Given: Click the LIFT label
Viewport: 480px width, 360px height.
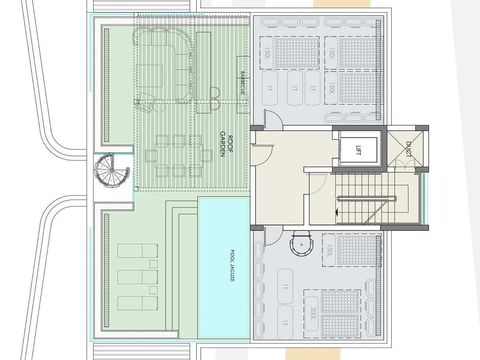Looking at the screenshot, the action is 358,150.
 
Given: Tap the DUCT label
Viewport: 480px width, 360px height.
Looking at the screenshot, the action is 408,149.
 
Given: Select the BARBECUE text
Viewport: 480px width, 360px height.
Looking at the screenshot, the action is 243,83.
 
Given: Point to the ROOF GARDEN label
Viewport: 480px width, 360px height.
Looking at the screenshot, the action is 226,144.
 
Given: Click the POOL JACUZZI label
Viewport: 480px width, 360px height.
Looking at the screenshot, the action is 232,266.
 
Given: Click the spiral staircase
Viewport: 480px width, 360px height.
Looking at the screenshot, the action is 112,170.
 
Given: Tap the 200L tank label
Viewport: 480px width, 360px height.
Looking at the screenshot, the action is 313,313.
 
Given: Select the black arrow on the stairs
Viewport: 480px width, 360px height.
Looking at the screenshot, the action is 337,212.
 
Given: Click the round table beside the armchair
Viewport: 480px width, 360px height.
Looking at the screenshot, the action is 159,106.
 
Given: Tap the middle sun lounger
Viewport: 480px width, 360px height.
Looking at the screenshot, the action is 138,277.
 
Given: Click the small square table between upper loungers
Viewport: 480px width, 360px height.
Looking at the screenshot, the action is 153,264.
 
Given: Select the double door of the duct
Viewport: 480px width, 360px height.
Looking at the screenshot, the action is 405,164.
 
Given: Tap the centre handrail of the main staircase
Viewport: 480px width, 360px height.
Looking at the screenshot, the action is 367,199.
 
